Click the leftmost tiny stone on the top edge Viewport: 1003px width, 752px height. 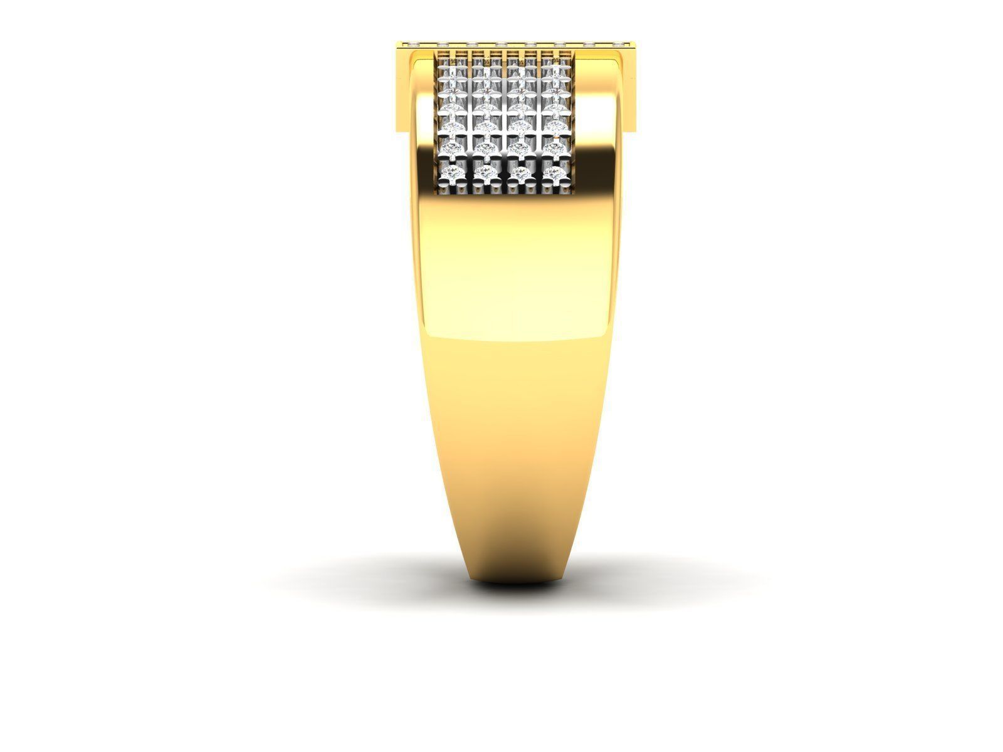tap(413, 44)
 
